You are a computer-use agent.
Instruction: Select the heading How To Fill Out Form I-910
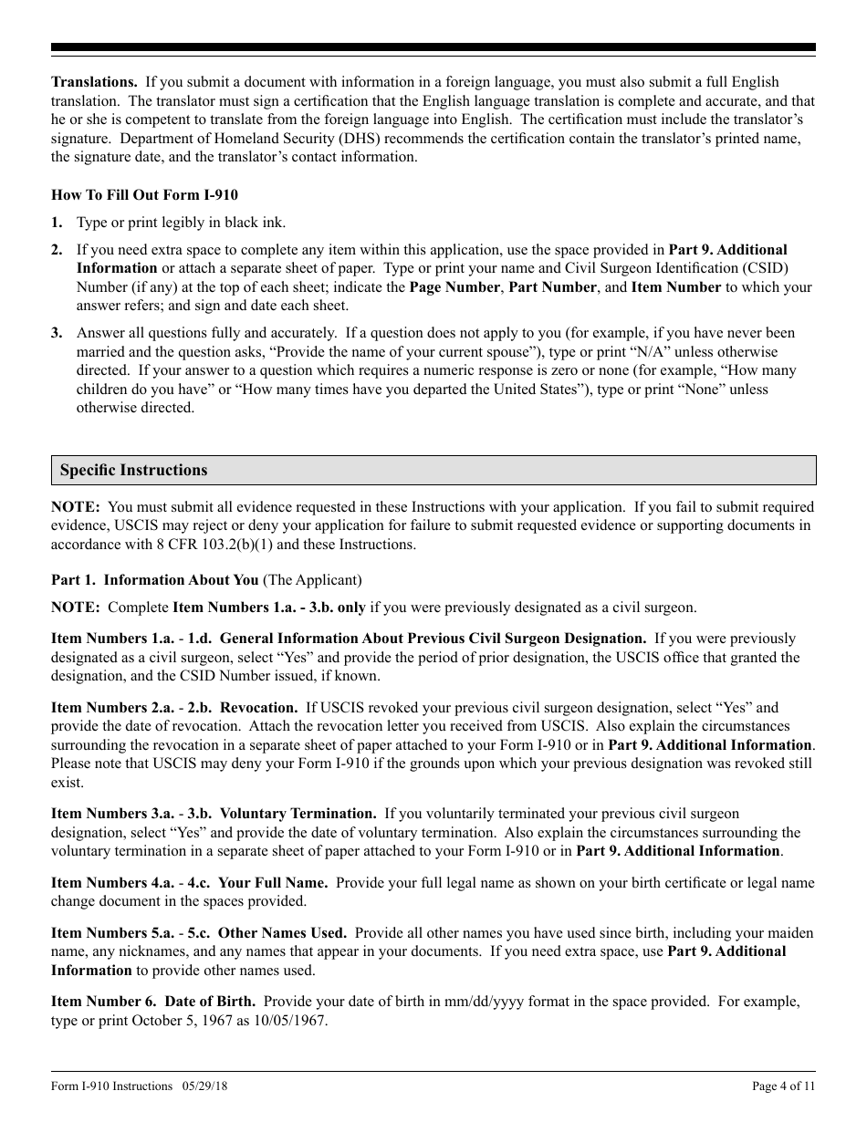[144, 194]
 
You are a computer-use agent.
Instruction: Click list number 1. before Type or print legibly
[57, 223]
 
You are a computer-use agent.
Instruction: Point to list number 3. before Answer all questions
[57, 333]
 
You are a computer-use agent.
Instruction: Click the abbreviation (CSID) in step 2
[762, 268]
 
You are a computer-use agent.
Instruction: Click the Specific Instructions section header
[134, 471]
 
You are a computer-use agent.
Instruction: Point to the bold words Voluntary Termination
[298, 814]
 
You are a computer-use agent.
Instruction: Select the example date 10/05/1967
[287, 1021]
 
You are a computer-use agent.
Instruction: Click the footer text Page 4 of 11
[783, 1086]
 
